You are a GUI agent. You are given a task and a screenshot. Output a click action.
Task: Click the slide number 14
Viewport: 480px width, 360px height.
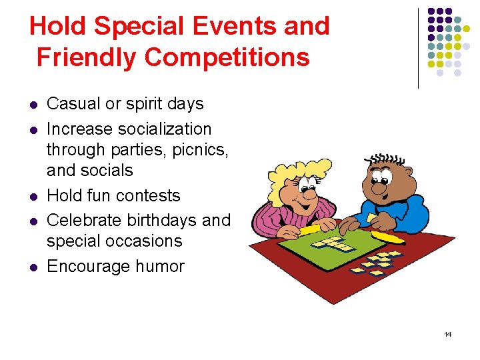[x=447, y=334]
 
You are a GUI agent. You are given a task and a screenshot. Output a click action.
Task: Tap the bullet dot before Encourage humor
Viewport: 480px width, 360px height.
[x=33, y=267]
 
